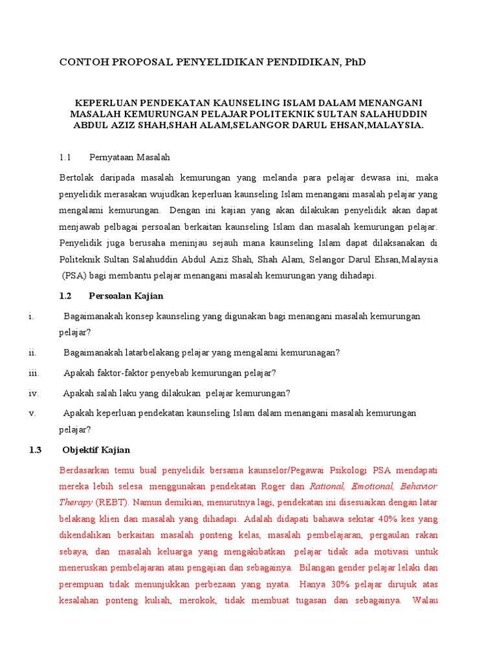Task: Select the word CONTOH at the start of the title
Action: click(x=81, y=62)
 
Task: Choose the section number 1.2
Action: click(x=64, y=296)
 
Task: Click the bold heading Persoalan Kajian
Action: click(x=126, y=296)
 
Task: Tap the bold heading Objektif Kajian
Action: click(x=96, y=450)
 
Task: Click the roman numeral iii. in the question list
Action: click(x=34, y=373)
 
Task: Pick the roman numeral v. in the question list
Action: click(x=32, y=413)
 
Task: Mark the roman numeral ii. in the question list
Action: click(x=33, y=352)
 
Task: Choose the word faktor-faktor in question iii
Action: click(x=122, y=373)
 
